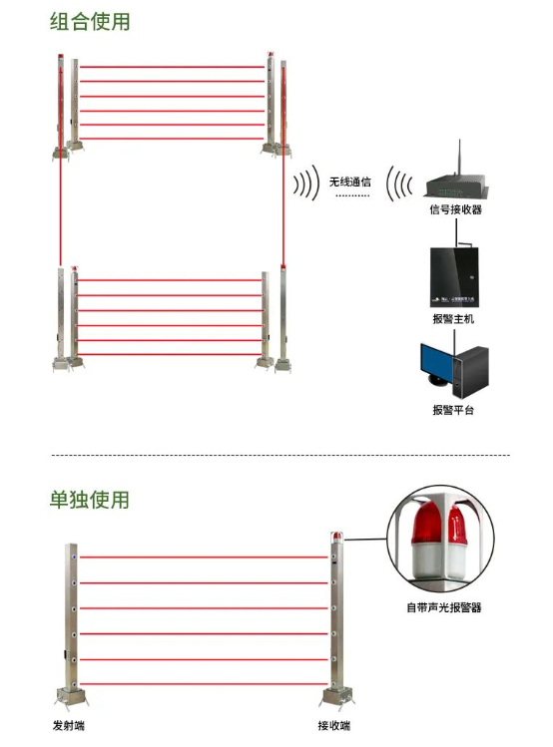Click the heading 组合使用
point(90,22)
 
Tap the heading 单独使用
point(90,500)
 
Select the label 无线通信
point(350,182)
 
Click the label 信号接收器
point(456,209)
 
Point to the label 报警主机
point(453,319)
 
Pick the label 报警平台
point(453,410)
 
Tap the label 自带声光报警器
point(444,607)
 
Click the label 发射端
point(69,726)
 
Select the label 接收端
point(334,726)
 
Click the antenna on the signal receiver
point(459,158)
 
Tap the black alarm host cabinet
point(454,277)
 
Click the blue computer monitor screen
point(436,361)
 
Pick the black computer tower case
point(471,373)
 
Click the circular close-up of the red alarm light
point(440,540)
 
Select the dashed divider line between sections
point(280,455)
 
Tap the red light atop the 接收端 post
point(337,536)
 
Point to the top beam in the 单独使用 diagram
point(204,557)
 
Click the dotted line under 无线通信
point(352,195)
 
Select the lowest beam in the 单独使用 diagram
point(204,684)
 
